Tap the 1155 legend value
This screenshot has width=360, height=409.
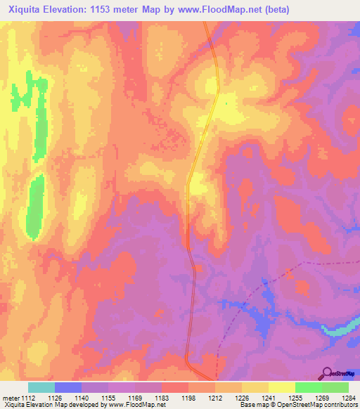click(109, 397)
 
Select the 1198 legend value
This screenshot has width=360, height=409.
click(189, 397)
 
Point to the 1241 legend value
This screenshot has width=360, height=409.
click(269, 397)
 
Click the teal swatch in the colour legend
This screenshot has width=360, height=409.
click(41, 387)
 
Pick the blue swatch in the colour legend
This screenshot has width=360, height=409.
click(67, 387)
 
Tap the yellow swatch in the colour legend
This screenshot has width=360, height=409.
click(281, 387)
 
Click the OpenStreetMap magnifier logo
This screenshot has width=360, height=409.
click(328, 372)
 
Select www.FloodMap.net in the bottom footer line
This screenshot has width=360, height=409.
click(138, 405)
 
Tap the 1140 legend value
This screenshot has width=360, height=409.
click(83, 397)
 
